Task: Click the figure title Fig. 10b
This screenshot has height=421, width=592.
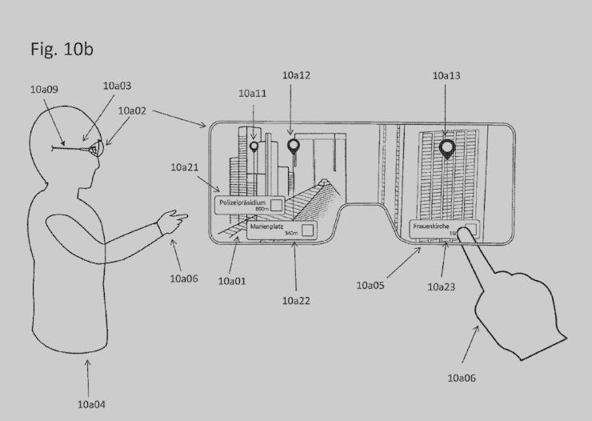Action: click(62, 50)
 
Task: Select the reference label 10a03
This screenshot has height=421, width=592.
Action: click(117, 85)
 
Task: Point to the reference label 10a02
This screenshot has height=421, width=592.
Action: click(132, 112)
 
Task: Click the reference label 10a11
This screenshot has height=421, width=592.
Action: click(252, 94)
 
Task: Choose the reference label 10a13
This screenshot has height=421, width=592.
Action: click(446, 75)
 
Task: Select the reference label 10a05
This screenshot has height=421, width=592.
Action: click(370, 284)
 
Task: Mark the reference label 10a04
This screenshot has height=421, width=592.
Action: click(91, 404)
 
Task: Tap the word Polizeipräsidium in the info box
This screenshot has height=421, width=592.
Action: click(242, 203)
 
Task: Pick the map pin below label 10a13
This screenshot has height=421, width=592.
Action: click(446, 148)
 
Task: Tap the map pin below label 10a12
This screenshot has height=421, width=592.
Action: click(294, 146)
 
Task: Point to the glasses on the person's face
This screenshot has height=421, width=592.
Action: click(94, 149)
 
